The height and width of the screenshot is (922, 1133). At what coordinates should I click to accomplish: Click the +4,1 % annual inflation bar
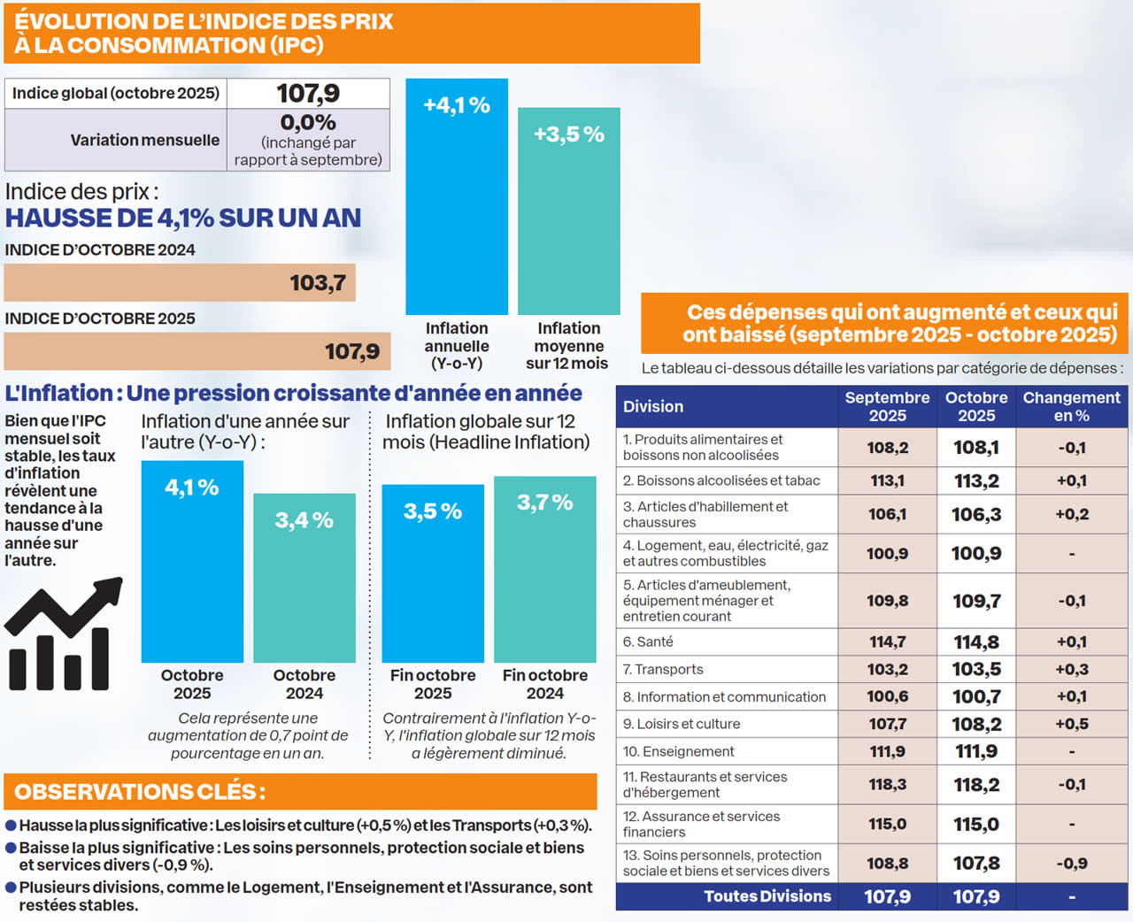click(457, 196)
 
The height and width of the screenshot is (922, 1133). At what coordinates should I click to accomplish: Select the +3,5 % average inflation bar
click(568, 211)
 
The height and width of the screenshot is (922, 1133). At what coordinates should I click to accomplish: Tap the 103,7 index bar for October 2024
click(180, 283)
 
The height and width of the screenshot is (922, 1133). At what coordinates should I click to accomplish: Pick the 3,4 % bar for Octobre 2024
click(304, 577)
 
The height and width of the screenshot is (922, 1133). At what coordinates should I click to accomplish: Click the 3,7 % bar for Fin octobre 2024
click(544, 569)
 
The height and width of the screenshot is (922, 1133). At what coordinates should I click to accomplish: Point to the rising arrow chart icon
click(63, 634)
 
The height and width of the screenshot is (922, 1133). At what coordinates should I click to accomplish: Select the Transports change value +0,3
click(1071, 670)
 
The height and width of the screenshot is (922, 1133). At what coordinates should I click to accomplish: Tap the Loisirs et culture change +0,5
click(1071, 724)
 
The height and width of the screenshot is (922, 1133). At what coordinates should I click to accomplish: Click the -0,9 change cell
click(1071, 864)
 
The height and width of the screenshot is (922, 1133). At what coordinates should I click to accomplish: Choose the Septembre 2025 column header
click(887, 406)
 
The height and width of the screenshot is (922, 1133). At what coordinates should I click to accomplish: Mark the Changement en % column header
click(1071, 406)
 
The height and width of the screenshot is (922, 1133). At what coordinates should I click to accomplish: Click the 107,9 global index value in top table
click(308, 93)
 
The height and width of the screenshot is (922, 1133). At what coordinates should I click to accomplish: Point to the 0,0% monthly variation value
click(308, 123)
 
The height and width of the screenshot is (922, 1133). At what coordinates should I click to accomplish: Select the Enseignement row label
click(679, 751)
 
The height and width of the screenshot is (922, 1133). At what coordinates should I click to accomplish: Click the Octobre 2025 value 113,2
click(976, 480)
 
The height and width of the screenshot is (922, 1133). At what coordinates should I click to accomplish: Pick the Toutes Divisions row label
click(767, 896)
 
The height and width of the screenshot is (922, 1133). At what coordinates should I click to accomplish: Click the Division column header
click(653, 406)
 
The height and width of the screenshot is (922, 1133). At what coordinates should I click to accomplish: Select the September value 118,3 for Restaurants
click(887, 784)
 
